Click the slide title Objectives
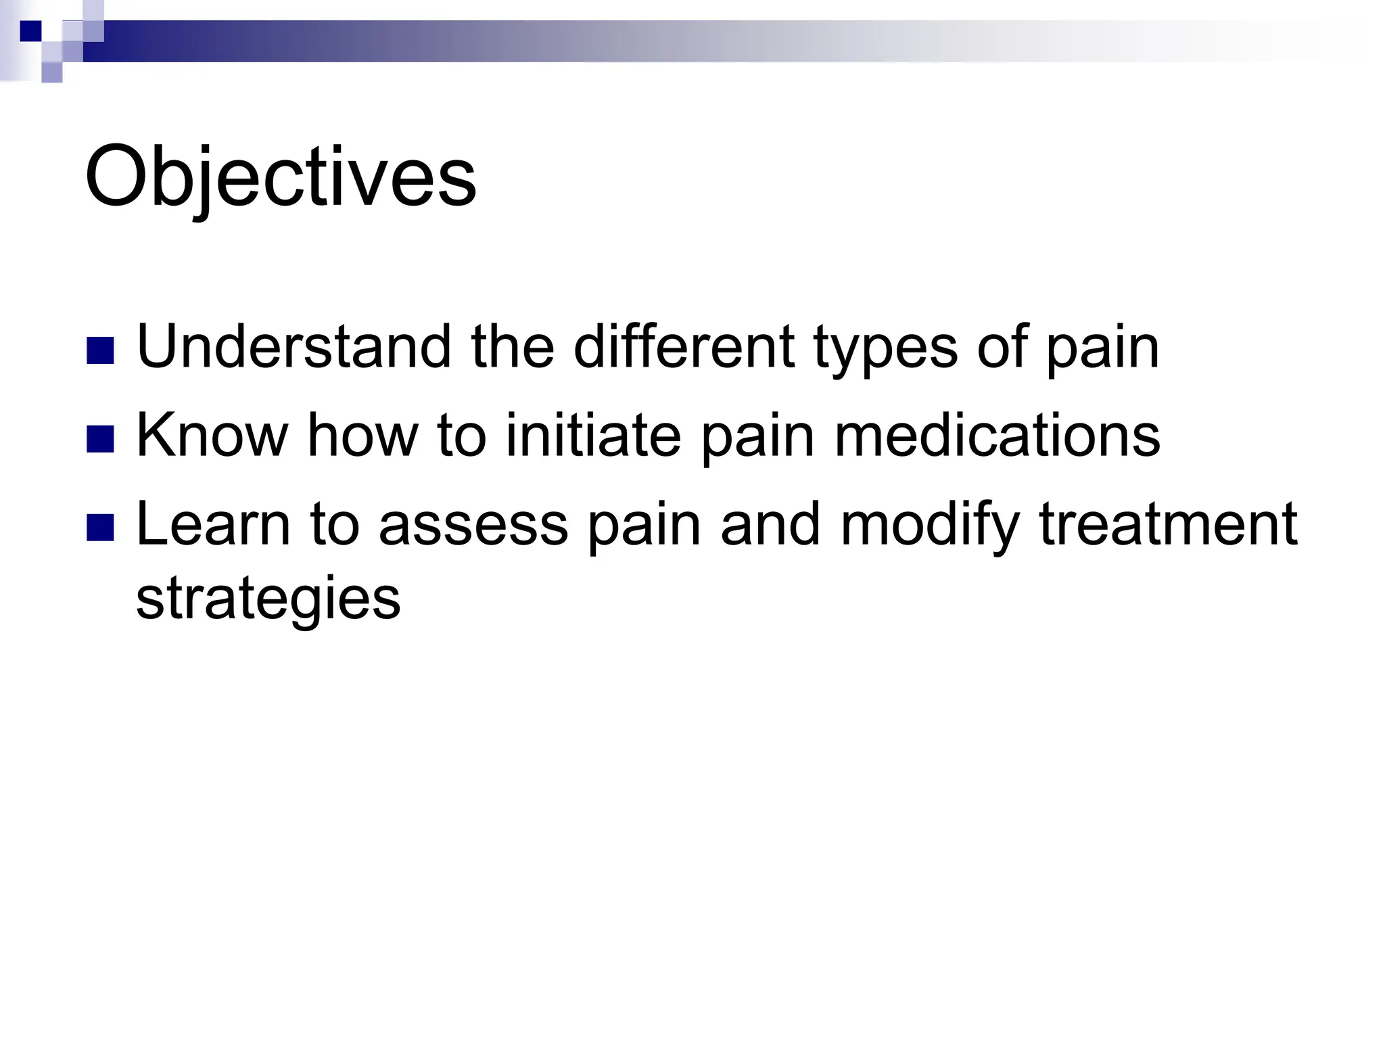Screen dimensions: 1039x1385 click(281, 178)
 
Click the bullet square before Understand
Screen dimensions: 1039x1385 click(100, 350)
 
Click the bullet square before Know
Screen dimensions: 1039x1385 click(100, 438)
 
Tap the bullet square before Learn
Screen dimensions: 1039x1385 click(100, 527)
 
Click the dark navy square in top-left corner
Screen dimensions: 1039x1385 click(30, 31)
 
